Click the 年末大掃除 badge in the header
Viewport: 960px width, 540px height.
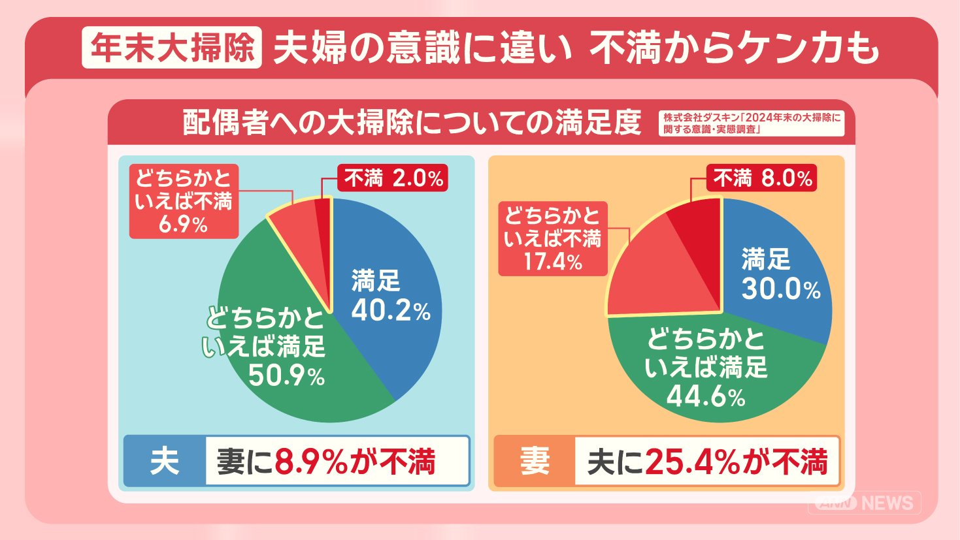171,48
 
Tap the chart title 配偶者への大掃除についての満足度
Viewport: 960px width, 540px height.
412,123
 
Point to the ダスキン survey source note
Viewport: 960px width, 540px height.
752,123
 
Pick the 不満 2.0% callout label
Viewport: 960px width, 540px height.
393,178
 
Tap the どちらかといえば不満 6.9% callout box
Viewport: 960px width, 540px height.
184,201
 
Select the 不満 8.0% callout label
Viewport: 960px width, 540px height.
762,178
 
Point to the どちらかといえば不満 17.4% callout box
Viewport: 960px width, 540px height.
553,239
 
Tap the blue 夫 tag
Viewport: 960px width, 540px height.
165,462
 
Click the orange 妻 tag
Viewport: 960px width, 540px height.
535,462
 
